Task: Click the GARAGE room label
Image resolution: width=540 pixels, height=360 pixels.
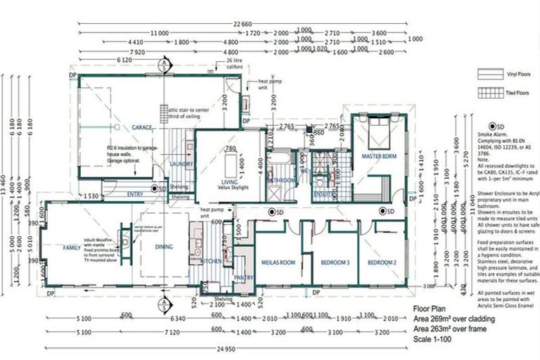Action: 142,128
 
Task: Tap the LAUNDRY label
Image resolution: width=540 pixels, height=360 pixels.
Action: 181,164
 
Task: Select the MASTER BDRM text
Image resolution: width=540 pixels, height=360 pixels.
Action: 380,155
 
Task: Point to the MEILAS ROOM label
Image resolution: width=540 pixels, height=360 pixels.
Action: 278,264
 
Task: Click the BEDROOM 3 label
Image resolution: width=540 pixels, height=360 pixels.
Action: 335,264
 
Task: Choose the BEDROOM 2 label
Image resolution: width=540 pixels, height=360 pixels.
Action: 382,264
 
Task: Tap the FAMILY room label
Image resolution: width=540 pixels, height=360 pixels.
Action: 71,248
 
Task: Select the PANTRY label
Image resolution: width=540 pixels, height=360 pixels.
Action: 243,278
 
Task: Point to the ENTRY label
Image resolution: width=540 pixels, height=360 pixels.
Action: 135,193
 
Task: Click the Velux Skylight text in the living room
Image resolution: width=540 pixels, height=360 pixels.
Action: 225,187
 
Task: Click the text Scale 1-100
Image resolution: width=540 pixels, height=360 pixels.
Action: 434,340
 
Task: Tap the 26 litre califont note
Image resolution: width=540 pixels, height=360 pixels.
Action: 238,64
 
